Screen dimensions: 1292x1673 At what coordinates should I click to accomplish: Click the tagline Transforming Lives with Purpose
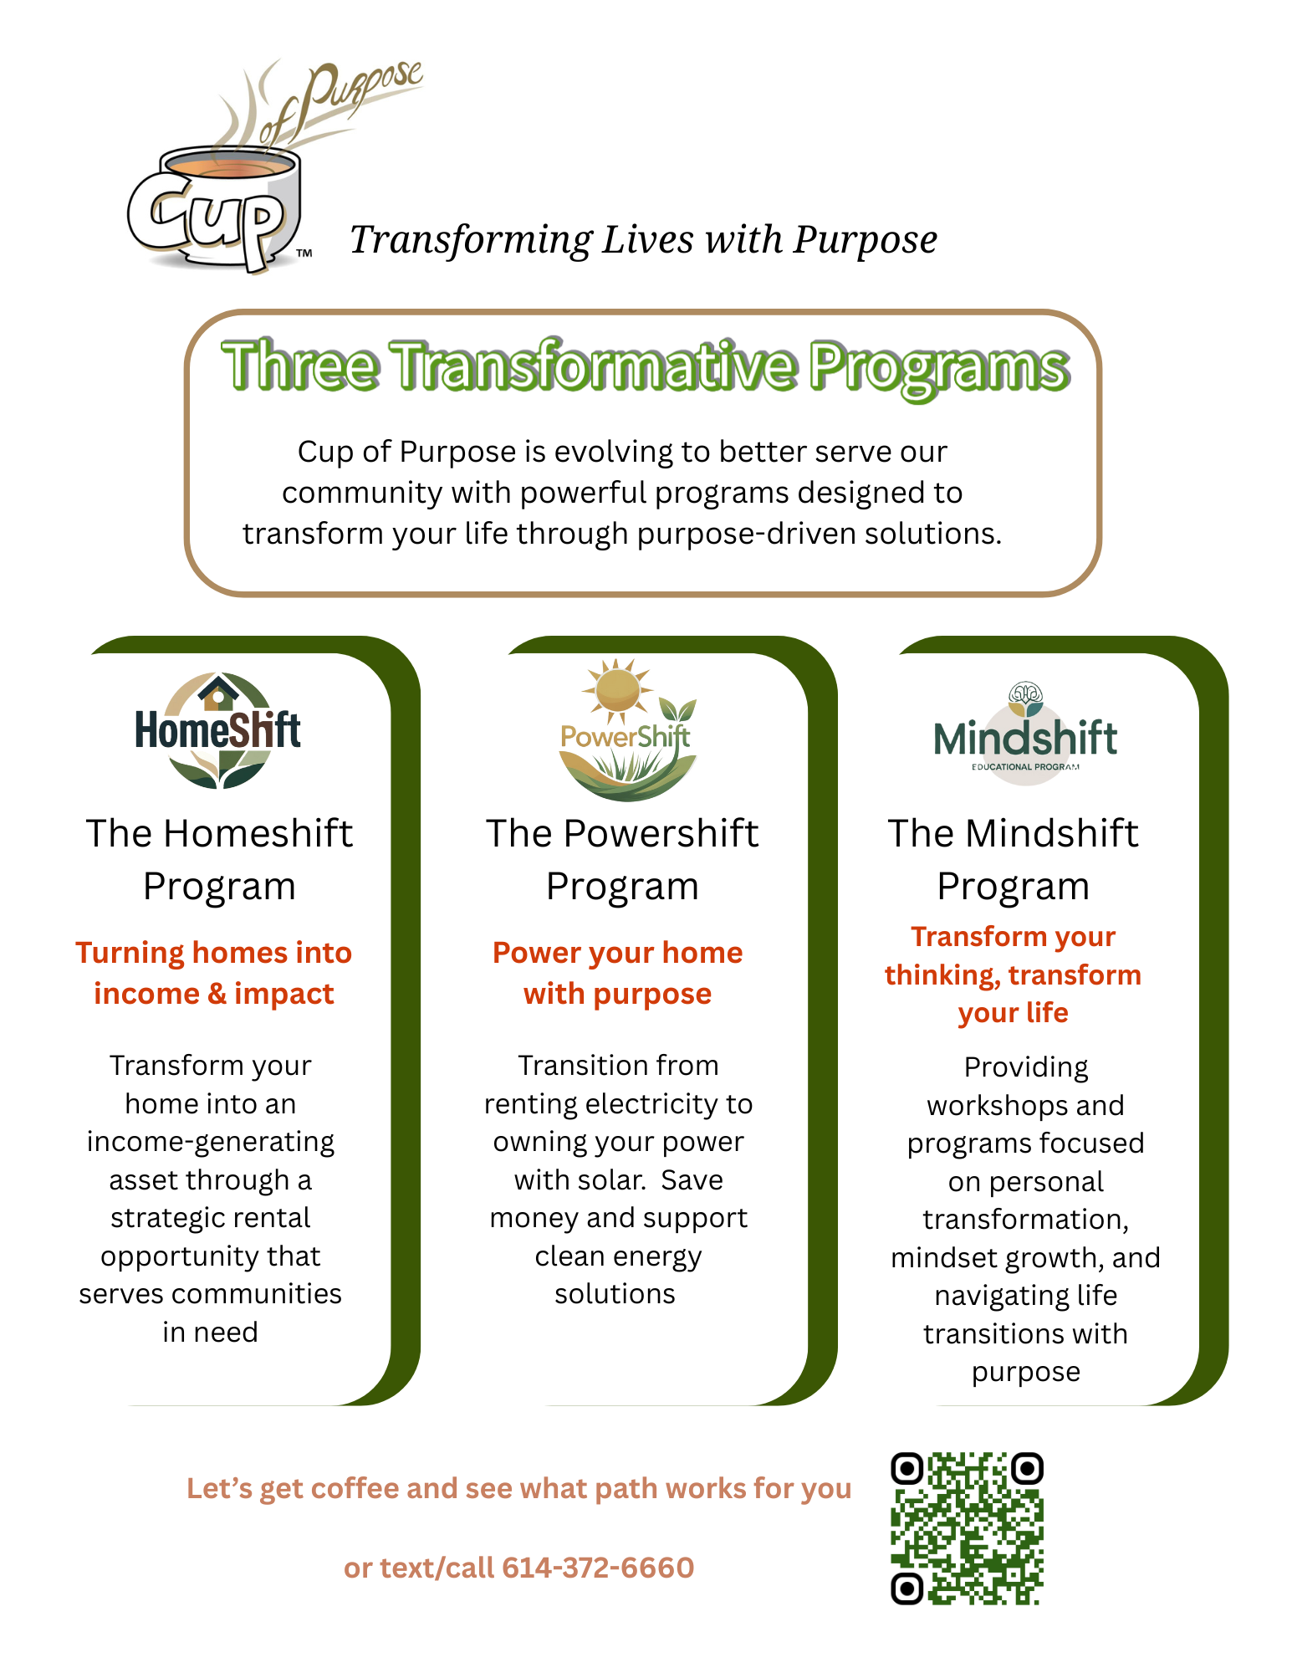click(x=643, y=240)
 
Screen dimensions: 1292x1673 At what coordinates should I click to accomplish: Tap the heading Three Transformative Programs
click(x=646, y=366)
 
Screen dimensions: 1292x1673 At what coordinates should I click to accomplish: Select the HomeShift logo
click(x=218, y=730)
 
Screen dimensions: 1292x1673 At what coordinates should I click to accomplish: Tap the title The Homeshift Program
click(x=219, y=859)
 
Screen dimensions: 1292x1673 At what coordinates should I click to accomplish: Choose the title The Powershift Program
click(x=622, y=859)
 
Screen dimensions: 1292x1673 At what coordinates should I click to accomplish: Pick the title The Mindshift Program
click(x=1013, y=859)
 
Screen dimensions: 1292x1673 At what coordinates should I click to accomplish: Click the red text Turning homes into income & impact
click(x=213, y=973)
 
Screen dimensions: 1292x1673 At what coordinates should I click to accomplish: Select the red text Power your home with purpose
click(x=617, y=973)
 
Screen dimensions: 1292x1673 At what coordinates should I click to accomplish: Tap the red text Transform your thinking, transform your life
click(x=1013, y=975)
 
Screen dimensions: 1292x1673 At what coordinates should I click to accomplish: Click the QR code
click(x=967, y=1528)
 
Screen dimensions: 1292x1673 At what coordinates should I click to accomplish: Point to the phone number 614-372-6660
click(x=598, y=1568)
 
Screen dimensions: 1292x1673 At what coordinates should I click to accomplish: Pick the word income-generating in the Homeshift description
click(x=211, y=1143)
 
